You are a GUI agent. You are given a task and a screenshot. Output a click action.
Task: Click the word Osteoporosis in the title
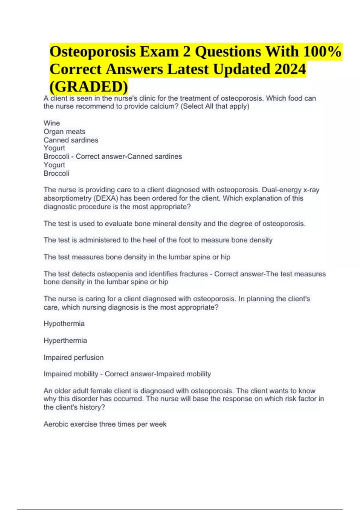(x=92, y=52)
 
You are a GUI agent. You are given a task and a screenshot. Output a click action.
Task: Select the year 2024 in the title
(x=290, y=69)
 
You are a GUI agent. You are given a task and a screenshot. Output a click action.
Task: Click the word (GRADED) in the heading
(x=89, y=86)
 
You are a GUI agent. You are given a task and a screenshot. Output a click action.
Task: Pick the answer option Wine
(x=52, y=123)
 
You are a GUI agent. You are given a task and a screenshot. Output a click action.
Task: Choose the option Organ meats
(x=64, y=131)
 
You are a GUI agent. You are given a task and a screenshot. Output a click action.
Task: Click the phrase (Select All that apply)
(x=215, y=106)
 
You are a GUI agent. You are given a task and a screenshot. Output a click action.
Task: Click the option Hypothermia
(x=64, y=324)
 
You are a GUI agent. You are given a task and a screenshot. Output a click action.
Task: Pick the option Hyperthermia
(x=65, y=340)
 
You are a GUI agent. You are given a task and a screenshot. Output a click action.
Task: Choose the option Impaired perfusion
(x=73, y=357)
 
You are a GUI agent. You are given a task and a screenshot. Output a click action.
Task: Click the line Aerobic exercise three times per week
(x=105, y=424)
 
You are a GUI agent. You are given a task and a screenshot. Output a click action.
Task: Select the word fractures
(x=193, y=274)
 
